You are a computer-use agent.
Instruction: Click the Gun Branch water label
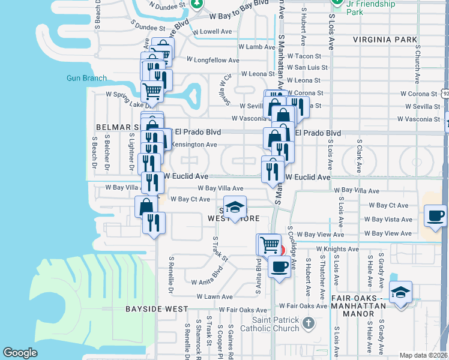pos(86,78)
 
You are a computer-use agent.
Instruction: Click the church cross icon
pos(308,324)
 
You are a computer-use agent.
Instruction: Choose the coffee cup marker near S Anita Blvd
pos(279,266)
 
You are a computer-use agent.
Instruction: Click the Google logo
pos(20,353)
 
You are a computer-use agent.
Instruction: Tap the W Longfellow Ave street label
pos(212,60)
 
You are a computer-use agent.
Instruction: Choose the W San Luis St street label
pos(306,68)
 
